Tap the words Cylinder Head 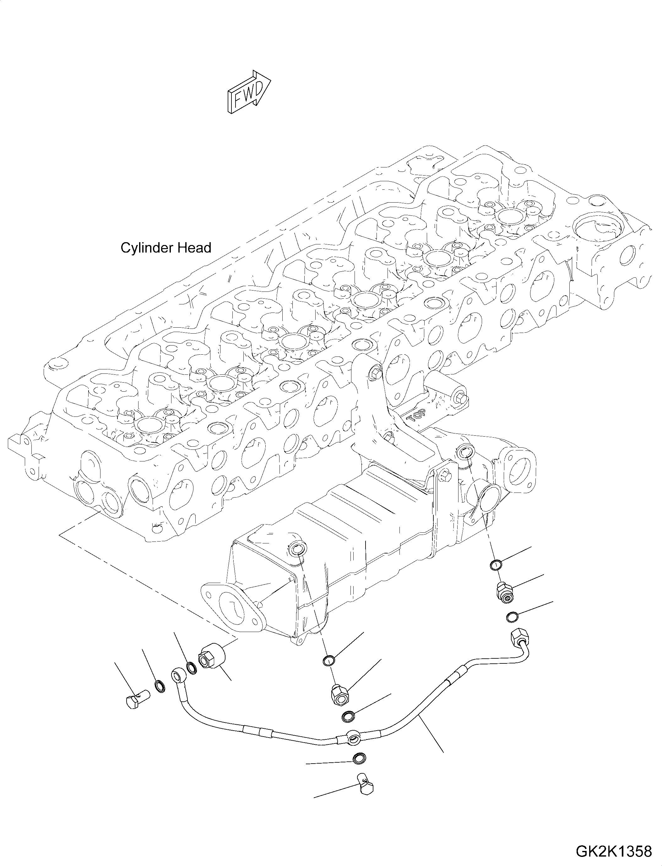click(x=166, y=248)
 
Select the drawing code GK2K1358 click(x=614, y=851)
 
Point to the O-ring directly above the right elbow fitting click(x=496, y=565)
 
